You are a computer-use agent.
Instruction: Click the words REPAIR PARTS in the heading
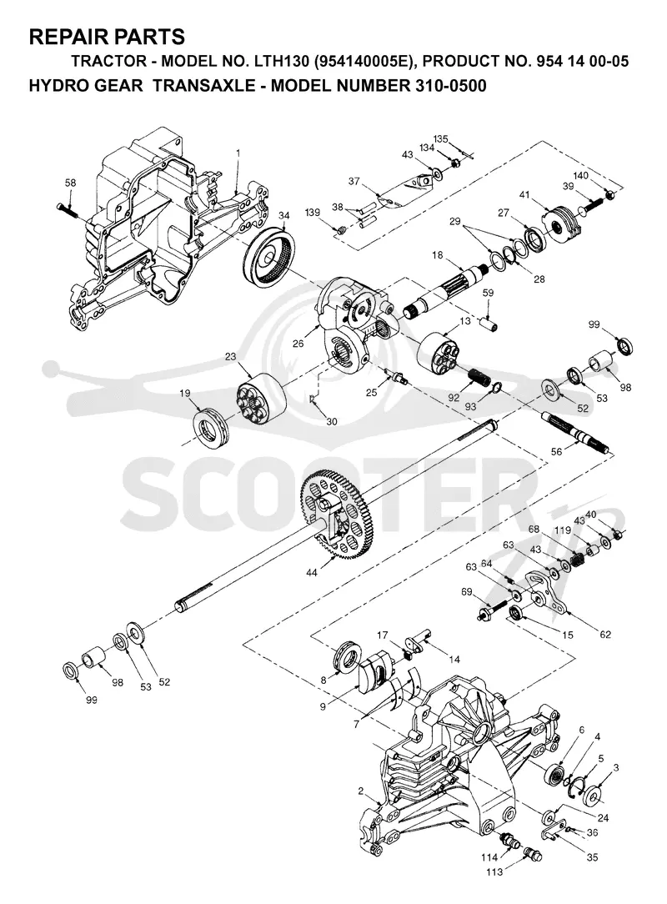pyautogui.click(x=107, y=37)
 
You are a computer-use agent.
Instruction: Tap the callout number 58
pyautogui.click(x=70, y=183)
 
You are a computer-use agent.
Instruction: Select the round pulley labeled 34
pyautogui.click(x=268, y=256)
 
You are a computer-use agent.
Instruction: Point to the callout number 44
pyautogui.click(x=312, y=572)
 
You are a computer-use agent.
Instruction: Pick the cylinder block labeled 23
pyautogui.click(x=262, y=396)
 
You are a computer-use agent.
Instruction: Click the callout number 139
pyautogui.click(x=313, y=213)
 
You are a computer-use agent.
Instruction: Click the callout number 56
pyautogui.click(x=556, y=453)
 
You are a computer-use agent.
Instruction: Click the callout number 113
pyautogui.click(x=494, y=872)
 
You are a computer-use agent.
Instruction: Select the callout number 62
pyautogui.click(x=604, y=635)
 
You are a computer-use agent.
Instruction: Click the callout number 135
pyautogui.click(x=440, y=139)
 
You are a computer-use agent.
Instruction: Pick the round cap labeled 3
pyautogui.click(x=593, y=796)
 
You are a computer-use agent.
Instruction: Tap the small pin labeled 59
pyautogui.click(x=490, y=322)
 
